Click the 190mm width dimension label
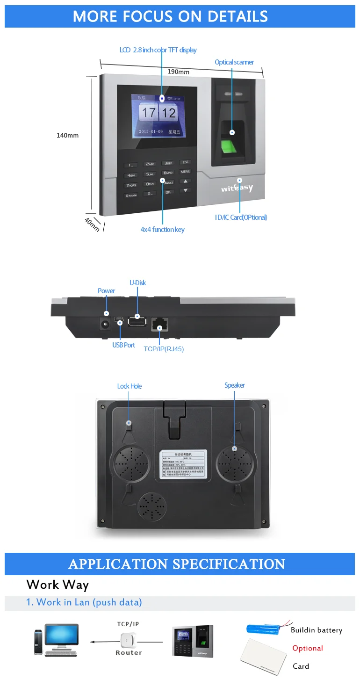coord(178,72)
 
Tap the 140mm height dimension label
coord(67,136)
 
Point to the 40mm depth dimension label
coord(92,224)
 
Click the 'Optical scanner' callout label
coord(234,62)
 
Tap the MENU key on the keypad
coord(186,172)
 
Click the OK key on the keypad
coord(168,192)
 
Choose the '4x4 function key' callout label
coord(162,230)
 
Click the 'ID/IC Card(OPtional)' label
coord(241,217)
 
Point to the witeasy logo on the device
coord(237,188)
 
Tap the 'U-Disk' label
coord(137,283)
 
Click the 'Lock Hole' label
coord(130,386)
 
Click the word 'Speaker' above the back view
coord(234,385)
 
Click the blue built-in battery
coord(266,629)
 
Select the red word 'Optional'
coord(308,648)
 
